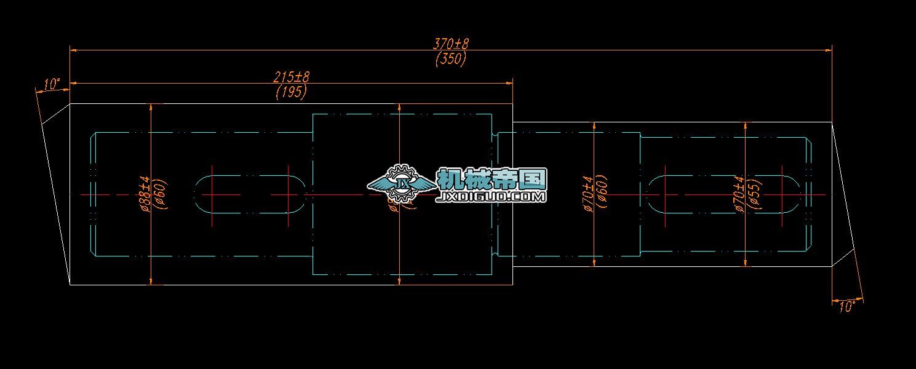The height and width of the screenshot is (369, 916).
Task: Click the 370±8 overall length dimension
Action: pyautogui.click(x=451, y=44)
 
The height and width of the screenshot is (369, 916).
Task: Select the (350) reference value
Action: pyautogui.click(x=451, y=59)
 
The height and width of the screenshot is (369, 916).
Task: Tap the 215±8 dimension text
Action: pyautogui.click(x=291, y=77)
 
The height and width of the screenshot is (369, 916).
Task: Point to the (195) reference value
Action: pyautogui.click(x=291, y=92)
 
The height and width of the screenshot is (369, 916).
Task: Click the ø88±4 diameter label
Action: pyautogui.click(x=145, y=194)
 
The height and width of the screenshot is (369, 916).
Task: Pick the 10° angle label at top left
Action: pyautogui.click(x=52, y=84)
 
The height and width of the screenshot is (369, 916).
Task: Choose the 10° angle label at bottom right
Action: pyautogui.click(x=847, y=306)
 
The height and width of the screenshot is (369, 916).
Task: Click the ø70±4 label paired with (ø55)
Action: pyautogui.click(x=740, y=194)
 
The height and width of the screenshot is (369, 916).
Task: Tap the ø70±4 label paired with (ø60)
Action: pyautogui.click(x=587, y=194)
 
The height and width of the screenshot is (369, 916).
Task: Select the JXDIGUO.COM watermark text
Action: pyautogui.click(x=491, y=197)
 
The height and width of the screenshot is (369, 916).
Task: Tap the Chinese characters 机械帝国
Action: pyautogui.click(x=491, y=179)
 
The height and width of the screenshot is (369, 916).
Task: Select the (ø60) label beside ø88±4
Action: pyautogui.click(x=160, y=194)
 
